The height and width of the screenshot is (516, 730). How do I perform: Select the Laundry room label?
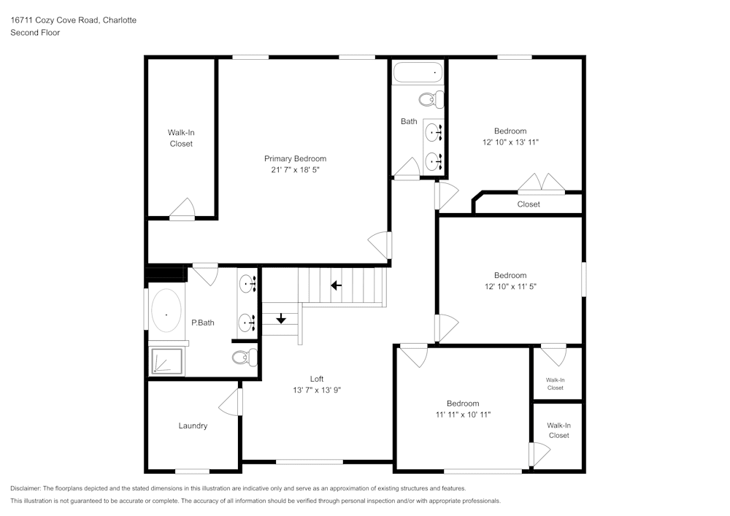193,425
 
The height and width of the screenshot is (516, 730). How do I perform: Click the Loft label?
316,379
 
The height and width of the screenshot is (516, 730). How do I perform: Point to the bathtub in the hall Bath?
418,73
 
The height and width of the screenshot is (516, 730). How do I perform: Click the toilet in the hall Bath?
431,99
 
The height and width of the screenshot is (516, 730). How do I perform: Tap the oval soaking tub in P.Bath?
166,312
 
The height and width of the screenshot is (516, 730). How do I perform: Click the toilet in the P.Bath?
245,357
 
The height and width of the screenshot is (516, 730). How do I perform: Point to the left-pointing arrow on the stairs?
336,285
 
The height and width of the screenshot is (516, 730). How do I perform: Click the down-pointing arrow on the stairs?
281,319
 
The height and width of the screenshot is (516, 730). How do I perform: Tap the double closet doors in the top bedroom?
541,184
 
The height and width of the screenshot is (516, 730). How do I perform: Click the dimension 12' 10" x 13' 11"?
510,142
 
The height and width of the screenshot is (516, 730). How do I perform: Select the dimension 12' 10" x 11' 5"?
510,286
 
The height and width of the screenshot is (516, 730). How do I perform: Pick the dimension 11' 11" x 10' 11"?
463,415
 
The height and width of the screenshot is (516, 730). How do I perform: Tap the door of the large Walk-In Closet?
182,209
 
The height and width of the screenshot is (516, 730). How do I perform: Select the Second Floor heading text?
35,33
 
